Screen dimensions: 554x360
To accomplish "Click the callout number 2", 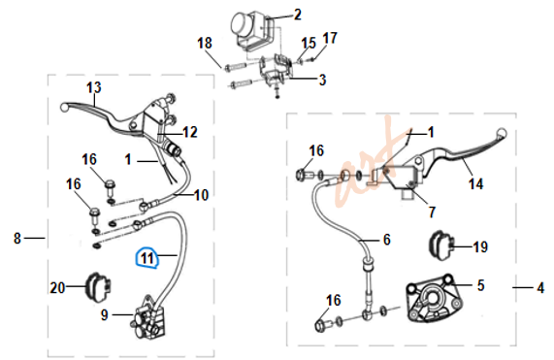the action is [x=297, y=15].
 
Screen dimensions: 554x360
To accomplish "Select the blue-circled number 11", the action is [x=147, y=258].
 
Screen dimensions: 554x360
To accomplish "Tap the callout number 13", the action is [x=94, y=87].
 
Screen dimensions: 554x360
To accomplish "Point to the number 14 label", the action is [x=476, y=183].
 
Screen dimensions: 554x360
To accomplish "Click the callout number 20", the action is [x=57, y=288].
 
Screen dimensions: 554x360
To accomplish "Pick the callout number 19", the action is [x=480, y=246].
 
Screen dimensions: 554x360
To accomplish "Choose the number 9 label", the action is [x=104, y=314].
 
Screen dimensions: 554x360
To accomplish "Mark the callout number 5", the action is [x=480, y=285].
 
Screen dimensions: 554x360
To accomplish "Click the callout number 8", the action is [x=17, y=238].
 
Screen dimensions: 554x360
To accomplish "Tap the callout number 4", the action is [x=540, y=288].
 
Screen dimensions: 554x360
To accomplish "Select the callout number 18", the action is [x=205, y=43].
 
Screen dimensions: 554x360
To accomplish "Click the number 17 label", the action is [x=330, y=38].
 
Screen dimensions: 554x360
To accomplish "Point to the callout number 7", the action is [x=432, y=212].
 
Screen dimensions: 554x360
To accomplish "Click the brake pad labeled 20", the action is [x=98, y=287].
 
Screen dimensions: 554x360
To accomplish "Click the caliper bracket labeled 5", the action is [x=434, y=298].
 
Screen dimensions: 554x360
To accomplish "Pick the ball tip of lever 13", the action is [x=64, y=107].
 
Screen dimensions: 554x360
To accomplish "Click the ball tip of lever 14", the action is [x=502, y=133].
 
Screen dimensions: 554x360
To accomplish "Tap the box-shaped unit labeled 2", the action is [x=251, y=31].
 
